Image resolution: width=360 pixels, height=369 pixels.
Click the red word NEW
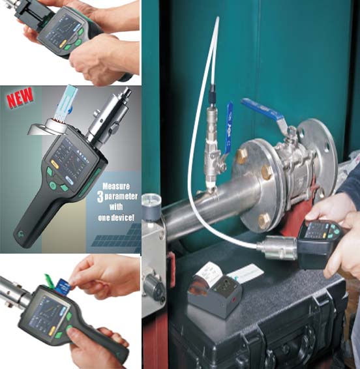coord(20,97)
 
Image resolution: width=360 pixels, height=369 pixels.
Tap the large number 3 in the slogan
coord(100,196)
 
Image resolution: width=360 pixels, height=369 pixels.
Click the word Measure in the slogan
coord(116,186)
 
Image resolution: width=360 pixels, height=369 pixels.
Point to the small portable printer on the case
coord(215,293)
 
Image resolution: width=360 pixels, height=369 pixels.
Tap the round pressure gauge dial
coord(151,201)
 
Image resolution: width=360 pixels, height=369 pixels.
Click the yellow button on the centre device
coord(54,165)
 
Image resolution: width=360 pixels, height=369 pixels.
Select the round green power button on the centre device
coord(53,185)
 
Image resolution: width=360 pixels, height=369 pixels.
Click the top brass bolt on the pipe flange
coord(242,155)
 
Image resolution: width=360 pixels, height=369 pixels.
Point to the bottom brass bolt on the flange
coord(264,221)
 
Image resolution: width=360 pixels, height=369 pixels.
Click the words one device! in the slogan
coord(116,218)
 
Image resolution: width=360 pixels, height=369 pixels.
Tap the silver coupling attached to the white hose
coord(277,246)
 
